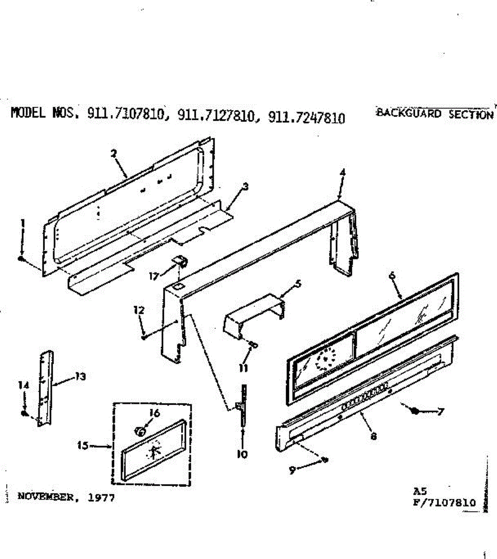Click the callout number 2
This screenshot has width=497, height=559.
click(x=113, y=152)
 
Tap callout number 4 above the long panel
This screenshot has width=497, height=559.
click(x=343, y=172)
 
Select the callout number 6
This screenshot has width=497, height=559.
click(x=392, y=275)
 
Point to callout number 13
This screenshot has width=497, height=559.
click(x=81, y=377)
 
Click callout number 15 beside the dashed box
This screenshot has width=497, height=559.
click(x=83, y=446)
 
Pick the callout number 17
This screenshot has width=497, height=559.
click(x=154, y=276)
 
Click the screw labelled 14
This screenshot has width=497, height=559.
click(x=24, y=413)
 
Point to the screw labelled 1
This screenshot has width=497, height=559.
click(x=21, y=259)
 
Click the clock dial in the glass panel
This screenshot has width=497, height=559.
click(x=324, y=359)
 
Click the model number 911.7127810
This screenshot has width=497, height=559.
click(x=216, y=116)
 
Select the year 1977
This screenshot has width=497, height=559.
click(x=101, y=497)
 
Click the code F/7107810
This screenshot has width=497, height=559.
click(x=445, y=503)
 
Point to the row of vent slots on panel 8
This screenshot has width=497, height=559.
click(x=365, y=396)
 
